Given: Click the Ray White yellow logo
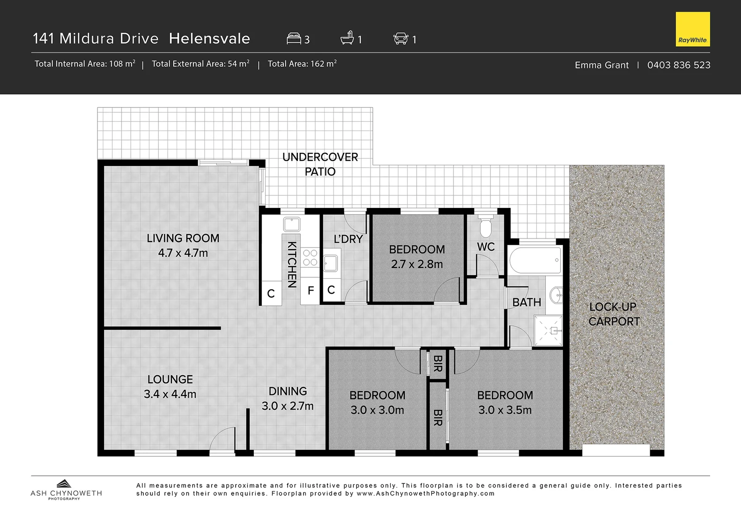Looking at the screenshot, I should [x=693, y=29].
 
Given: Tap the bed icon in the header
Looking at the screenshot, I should [x=294, y=38].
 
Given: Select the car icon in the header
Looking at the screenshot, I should [x=400, y=38].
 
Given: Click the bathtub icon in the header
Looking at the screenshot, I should [x=347, y=38].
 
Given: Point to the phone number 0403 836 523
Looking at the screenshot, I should [x=678, y=65].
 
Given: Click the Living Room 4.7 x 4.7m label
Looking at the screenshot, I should [x=183, y=246].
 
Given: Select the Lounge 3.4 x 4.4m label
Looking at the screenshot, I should [x=170, y=387].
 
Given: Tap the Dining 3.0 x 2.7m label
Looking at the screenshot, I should [x=288, y=398].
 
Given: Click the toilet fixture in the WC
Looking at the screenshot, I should [x=486, y=227].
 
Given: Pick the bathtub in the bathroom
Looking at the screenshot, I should [x=535, y=260].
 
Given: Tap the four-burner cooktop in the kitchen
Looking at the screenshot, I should [x=310, y=258].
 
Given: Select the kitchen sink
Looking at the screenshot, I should [x=292, y=224].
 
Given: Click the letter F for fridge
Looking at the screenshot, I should [x=311, y=290].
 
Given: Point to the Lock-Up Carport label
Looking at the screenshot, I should [x=614, y=314].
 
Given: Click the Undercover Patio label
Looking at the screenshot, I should [x=320, y=164].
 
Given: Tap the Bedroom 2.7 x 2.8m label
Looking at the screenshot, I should [x=417, y=257].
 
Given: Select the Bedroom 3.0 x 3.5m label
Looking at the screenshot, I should [x=505, y=402].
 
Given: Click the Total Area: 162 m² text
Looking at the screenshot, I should [x=302, y=64].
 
